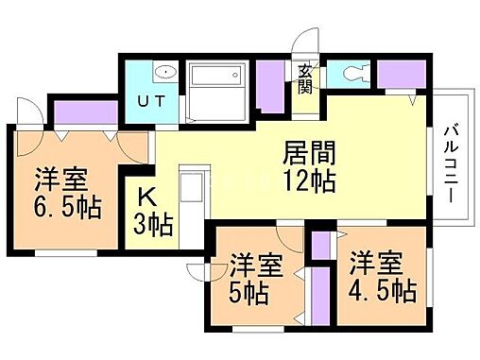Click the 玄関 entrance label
coord(306,79)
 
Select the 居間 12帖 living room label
coord(309,166)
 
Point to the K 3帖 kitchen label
coord(152,212)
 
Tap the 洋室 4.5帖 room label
coord(381,276)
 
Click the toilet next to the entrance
coord(356,73)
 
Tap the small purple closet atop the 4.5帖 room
coord(319,245)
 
